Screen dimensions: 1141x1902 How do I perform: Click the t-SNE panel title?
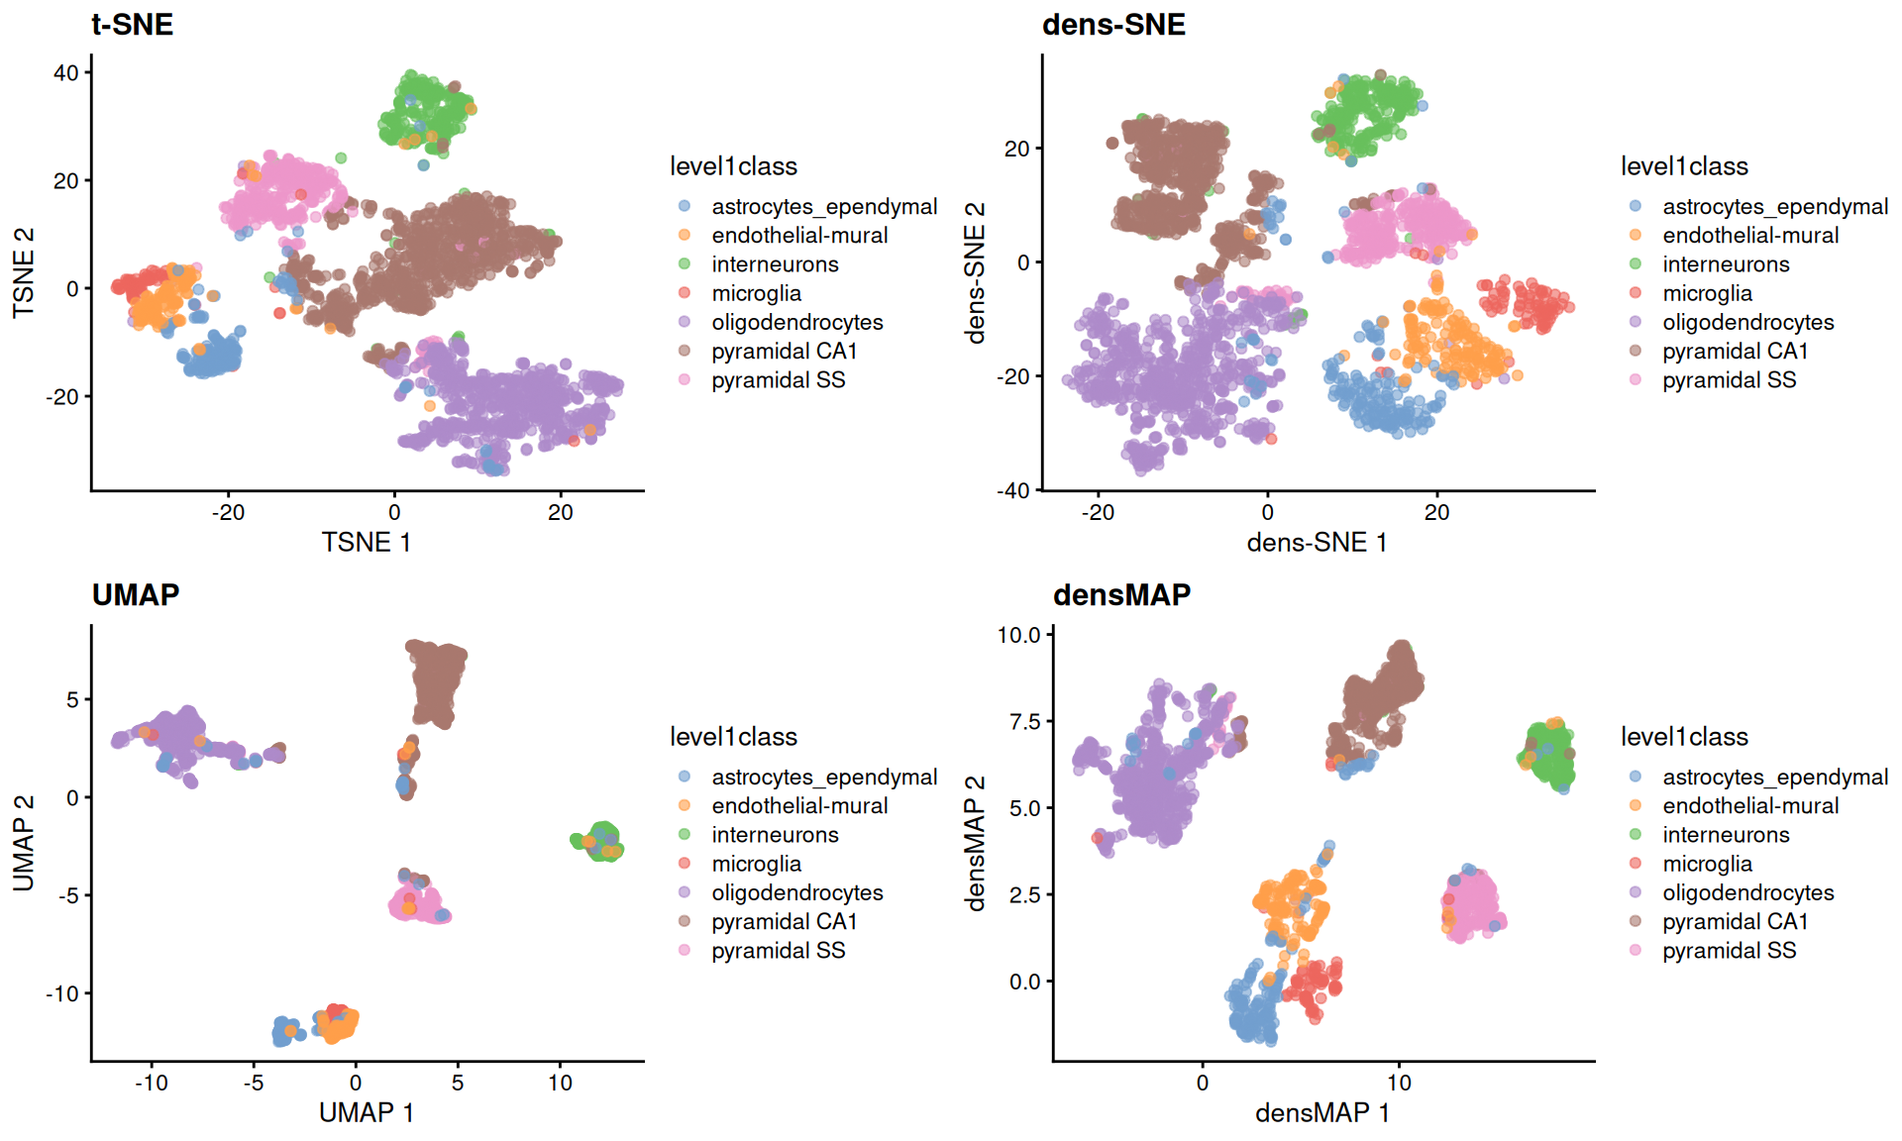(x=132, y=24)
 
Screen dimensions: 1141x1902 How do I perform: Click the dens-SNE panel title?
(x=1113, y=24)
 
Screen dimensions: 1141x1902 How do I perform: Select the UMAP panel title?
(x=136, y=594)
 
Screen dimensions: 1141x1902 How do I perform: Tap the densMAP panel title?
(x=1121, y=594)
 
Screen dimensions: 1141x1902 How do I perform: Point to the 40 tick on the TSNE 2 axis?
(x=66, y=73)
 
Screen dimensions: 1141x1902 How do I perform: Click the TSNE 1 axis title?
(x=366, y=542)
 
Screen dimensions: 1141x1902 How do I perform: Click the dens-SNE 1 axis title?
(x=1317, y=542)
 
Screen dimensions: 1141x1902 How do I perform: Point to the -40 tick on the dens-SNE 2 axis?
(x=1015, y=490)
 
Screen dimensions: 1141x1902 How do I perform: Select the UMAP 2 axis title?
(x=24, y=843)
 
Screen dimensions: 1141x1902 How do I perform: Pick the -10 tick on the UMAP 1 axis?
(x=152, y=1083)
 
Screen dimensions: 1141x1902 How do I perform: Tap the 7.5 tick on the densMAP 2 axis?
(x=1024, y=721)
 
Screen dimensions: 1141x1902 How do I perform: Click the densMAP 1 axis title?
(x=1322, y=1112)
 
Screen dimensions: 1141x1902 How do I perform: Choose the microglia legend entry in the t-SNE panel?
(x=756, y=293)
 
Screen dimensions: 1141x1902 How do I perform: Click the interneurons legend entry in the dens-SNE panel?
(x=1726, y=264)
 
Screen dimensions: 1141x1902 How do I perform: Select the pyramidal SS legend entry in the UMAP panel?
(x=778, y=951)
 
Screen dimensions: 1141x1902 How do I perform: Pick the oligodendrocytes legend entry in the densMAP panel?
(x=1747, y=892)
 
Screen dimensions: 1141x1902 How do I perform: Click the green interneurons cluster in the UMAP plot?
(x=600, y=842)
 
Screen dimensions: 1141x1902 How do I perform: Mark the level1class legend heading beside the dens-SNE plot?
(x=1684, y=166)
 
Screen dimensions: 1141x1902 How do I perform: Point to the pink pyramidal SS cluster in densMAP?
(x=1472, y=904)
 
